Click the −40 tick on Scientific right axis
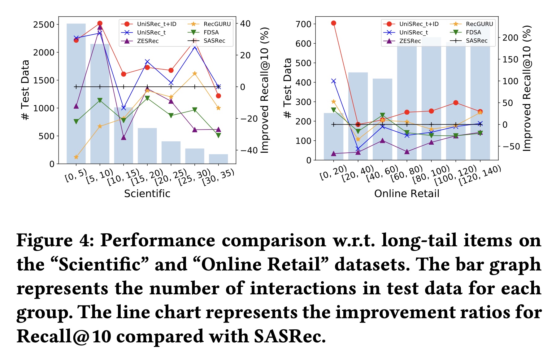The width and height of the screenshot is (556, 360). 249,150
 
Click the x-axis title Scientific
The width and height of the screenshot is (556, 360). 147,194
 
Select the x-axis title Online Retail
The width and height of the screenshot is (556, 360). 406,194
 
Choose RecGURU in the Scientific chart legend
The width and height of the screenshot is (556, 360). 217,24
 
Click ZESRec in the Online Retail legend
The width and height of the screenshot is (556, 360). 410,41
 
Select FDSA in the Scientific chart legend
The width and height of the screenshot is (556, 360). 211,33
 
